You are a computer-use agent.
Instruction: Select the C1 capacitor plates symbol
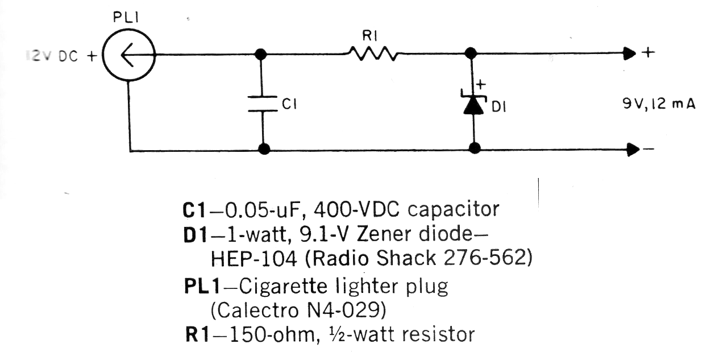tap(261, 105)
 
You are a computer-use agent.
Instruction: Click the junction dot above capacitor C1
tap(261, 55)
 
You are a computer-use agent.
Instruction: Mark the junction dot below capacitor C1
tap(263, 150)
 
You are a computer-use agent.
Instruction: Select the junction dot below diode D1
tap(475, 149)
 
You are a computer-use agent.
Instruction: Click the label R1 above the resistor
tap(371, 35)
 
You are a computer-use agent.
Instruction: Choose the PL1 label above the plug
tap(126, 18)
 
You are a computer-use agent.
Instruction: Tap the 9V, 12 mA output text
tap(659, 105)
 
